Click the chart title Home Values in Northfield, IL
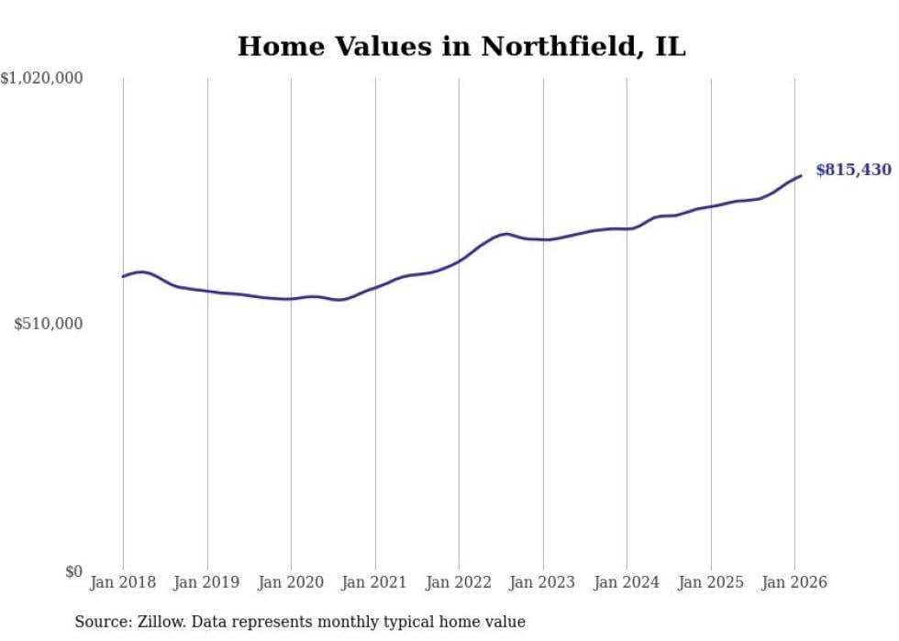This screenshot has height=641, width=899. coord(461,47)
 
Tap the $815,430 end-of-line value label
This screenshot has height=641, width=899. coord(853,170)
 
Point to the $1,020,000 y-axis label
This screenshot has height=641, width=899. coord(42,79)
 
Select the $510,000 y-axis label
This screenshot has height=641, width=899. coord(49,324)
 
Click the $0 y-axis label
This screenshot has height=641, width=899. coord(73,572)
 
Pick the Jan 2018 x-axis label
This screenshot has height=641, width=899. coord(123,583)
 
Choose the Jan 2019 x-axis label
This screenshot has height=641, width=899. coord(206,583)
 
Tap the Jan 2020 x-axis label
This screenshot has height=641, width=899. coord(291,583)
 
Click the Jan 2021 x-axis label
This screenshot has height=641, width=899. coord(374,583)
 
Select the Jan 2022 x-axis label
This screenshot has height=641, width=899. coord(459,583)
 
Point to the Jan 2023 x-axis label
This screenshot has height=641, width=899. coord(542,583)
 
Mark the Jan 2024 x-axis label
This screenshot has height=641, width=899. coord(627,583)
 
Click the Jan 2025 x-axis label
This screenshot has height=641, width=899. coord(710,583)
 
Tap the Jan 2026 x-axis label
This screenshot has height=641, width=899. coord(794,583)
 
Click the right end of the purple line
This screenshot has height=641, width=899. coord(801,175)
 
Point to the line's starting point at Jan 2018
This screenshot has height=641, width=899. coord(123,276)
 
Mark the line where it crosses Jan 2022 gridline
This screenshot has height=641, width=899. coord(459,260)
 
